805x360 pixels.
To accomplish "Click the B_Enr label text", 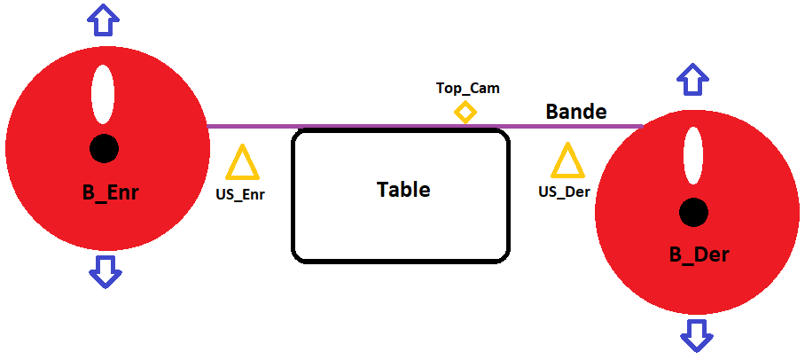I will coord(110,192).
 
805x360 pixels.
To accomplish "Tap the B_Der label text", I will coord(699,254).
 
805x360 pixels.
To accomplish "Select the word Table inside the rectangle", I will coord(403,189).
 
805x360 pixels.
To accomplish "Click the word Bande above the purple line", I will coord(576,112).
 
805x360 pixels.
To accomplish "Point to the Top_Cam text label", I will coord(467,88).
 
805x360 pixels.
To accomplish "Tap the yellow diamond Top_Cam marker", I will coord(465,112).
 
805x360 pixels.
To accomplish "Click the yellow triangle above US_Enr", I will coord(242,165).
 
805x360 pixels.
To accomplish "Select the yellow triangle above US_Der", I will coord(567,162).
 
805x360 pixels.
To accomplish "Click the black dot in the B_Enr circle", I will coord(104,148).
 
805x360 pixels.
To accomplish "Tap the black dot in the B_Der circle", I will coord(693,212).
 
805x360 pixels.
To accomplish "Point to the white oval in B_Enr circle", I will coord(103,95).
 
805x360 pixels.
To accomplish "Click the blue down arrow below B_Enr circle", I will coord(105,270).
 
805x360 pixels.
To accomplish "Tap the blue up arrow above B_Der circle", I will coord(692,79).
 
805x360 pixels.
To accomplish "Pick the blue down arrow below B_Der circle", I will coord(697,335).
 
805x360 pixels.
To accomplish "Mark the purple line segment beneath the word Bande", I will coord(576,126).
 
